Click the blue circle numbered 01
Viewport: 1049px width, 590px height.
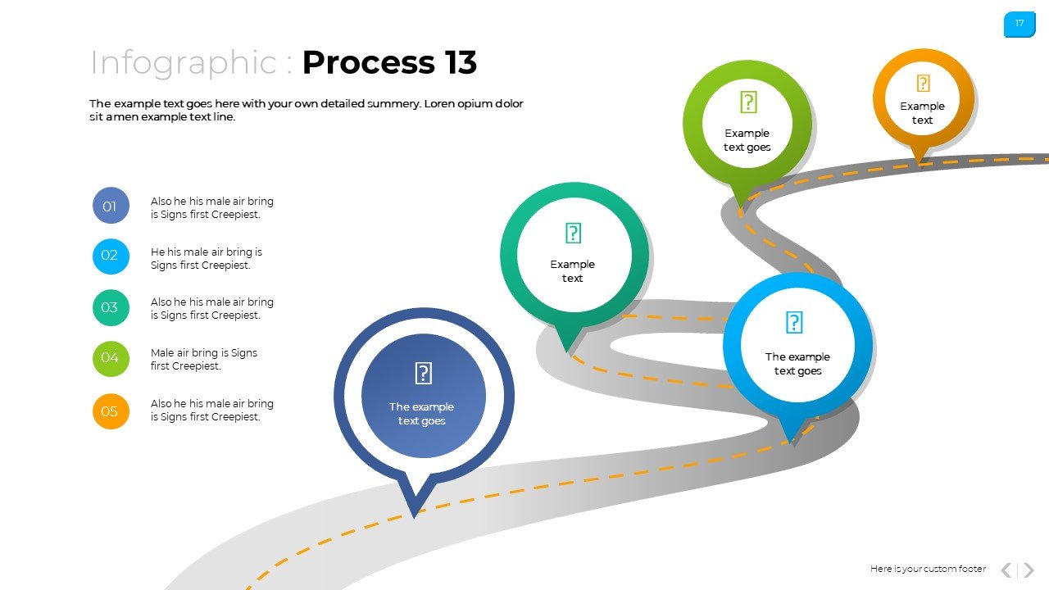pos(111,206)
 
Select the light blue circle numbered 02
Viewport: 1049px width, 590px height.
pos(111,256)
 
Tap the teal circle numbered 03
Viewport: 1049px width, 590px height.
pos(111,308)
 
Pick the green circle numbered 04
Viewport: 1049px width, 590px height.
pos(111,358)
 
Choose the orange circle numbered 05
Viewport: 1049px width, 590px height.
pos(111,411)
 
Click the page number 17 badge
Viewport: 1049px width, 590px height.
pos(1019,24)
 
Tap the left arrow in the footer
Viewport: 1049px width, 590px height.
pos(1006,570)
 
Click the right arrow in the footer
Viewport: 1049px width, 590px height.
pos(1029,570)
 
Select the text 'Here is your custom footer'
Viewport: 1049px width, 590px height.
pos(928,569)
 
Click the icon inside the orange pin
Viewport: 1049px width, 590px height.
pos(923,84)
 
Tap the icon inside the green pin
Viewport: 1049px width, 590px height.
pos(748,102)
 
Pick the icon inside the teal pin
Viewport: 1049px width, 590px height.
pos(573,234)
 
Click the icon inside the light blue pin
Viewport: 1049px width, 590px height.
pos(794,323)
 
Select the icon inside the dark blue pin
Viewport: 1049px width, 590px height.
pos(423,374)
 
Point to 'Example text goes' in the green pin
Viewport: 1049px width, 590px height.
pos(747,140)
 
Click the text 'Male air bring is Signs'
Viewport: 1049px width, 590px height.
pos(204,353)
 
